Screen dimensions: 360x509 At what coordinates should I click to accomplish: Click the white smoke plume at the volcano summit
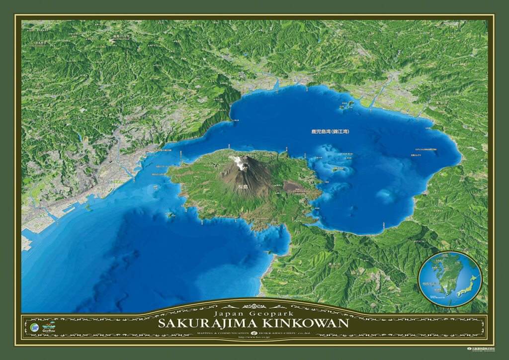240,162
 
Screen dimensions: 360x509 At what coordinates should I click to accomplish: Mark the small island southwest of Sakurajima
170,215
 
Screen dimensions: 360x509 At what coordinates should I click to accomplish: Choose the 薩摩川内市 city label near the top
122,36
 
